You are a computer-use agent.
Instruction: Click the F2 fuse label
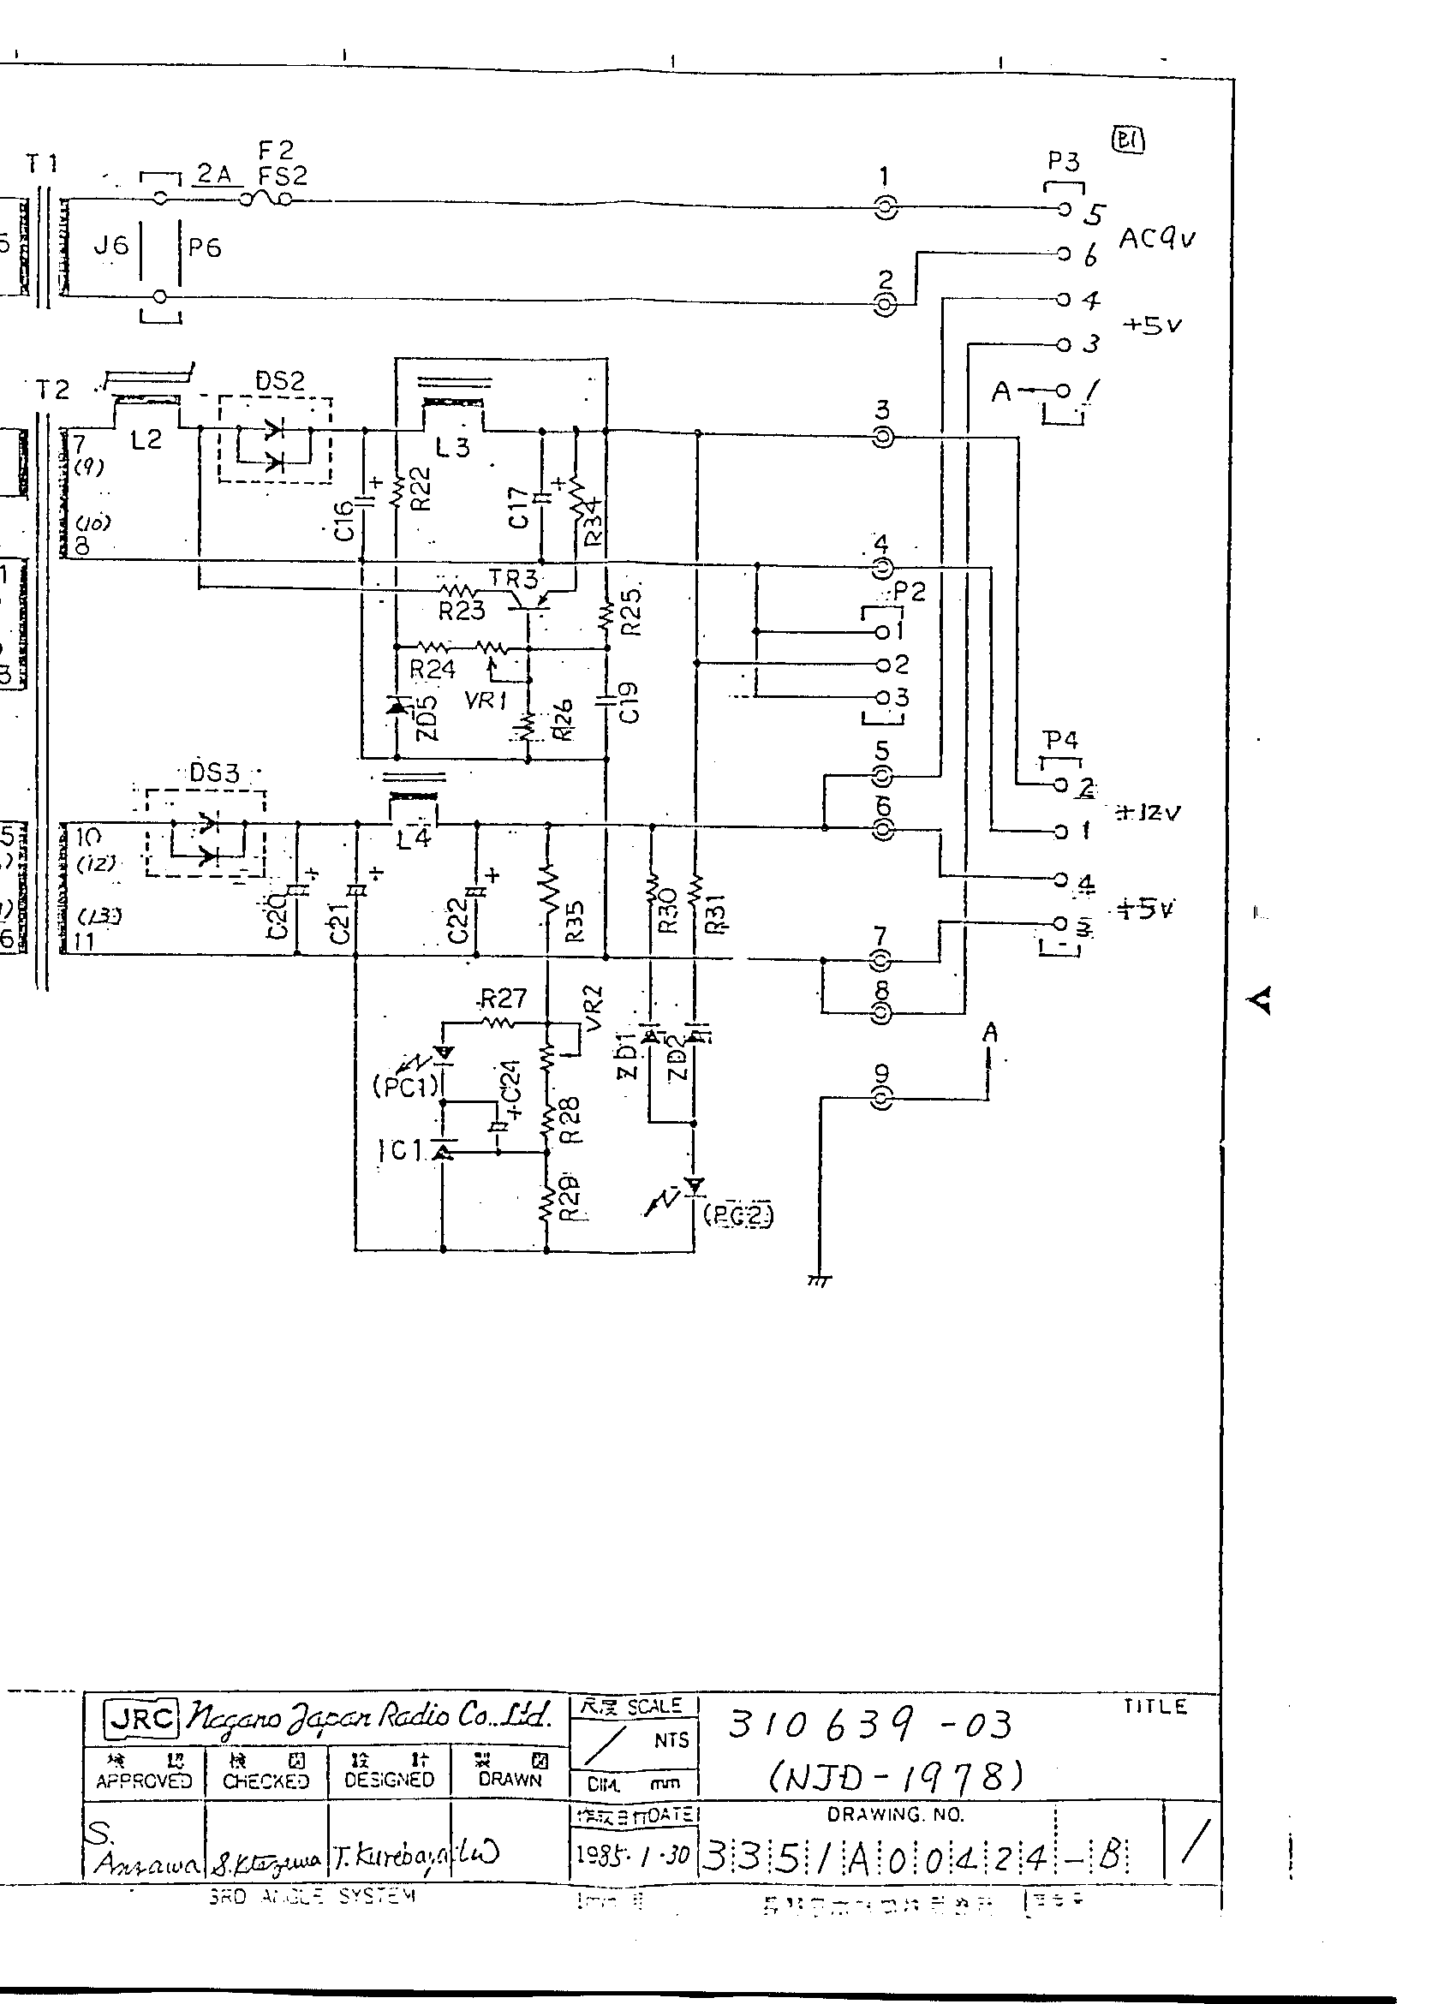coord(276,150)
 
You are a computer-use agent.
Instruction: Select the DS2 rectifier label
coord(279,382)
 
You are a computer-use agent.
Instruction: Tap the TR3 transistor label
coord(512,580)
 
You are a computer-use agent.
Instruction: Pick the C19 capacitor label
coord(628,702)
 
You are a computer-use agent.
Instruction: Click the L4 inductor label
coord(413,838)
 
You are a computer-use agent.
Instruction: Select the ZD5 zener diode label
coord(427,719)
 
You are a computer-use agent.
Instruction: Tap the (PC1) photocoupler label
coord(405,1086)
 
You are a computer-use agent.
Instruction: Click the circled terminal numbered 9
coord(881,1098)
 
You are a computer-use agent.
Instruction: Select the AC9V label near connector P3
coord(1156,238)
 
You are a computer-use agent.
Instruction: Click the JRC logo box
coord(141,1717)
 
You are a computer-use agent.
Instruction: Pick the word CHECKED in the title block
coord(266,1780)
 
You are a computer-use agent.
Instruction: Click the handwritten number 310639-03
coord(868,1724)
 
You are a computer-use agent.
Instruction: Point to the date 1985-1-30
coord(632,1853)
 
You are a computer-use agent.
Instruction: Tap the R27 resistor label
coord(503,999)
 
